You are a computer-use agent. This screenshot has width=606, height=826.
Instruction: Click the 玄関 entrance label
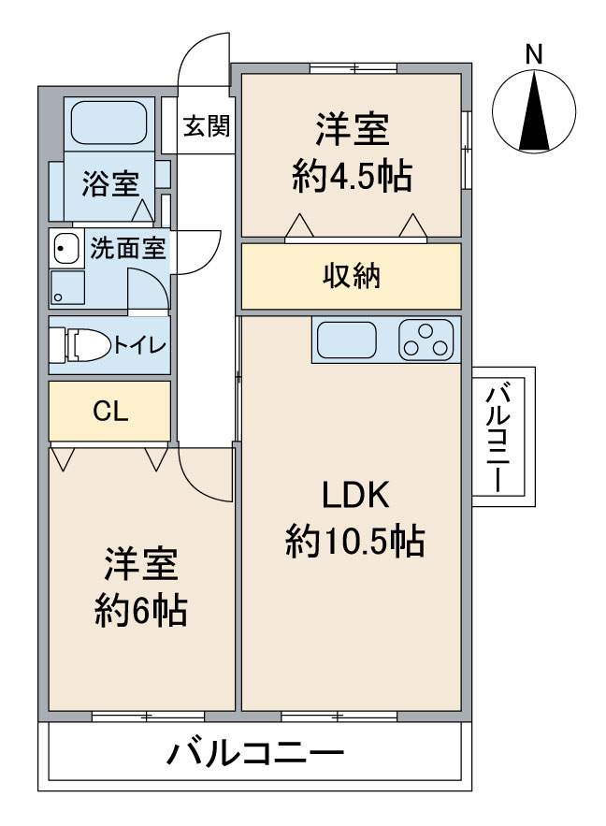coord(206,126)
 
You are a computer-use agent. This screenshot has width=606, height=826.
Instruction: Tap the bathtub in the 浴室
coord(109,123)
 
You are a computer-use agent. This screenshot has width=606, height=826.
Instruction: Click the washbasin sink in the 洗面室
coord(65,248)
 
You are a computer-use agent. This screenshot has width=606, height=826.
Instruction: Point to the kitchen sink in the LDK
coord(346,340)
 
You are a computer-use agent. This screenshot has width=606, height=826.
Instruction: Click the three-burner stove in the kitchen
coord(426,340)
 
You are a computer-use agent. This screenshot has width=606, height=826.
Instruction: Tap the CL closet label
coord(110,411)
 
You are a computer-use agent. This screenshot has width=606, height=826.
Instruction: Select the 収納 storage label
coord(352,276)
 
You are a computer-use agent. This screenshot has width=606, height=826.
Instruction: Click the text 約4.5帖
coord(352,177)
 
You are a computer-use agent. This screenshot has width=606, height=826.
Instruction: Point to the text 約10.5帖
coord(354,541)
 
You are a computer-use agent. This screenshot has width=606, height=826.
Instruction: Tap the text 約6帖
coord(141,610)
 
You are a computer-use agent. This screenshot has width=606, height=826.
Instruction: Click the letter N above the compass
coord(534,54)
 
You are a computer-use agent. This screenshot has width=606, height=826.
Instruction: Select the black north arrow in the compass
coord(534,111)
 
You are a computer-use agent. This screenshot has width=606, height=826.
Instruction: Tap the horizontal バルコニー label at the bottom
coord(255,754)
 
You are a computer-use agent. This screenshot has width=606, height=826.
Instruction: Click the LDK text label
coord(355,494)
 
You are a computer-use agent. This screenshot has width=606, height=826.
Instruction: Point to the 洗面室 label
coord(127,248)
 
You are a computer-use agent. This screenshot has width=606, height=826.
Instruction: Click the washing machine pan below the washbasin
coord(67,287)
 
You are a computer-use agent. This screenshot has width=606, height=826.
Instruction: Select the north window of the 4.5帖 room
coord(353,67)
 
